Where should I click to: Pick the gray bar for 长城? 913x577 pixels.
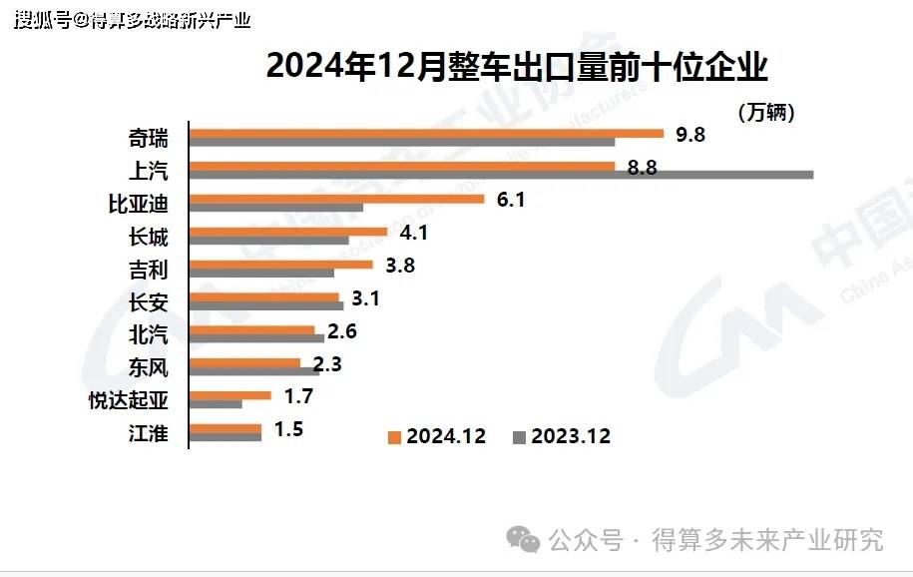[268, 241]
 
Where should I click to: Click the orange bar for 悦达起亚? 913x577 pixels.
[229, 395]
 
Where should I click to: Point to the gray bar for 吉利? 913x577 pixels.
[261, 273]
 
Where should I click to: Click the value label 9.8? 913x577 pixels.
[690, 135]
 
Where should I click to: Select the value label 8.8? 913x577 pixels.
[642, 168]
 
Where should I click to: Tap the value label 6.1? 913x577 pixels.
[511, 200]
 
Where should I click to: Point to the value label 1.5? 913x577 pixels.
[288, 428]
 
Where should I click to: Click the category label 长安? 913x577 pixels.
[150, 301]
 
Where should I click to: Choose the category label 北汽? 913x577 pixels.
[150, 334]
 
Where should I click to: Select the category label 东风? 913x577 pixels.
[150, 367]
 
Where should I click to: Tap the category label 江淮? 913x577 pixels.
[150, 432]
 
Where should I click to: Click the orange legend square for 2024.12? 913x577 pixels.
[394, 437]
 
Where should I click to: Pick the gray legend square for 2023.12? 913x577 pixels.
[519, 437]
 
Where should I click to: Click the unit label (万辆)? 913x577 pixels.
[766, 113]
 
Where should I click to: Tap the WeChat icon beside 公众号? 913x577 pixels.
[523, 539]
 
